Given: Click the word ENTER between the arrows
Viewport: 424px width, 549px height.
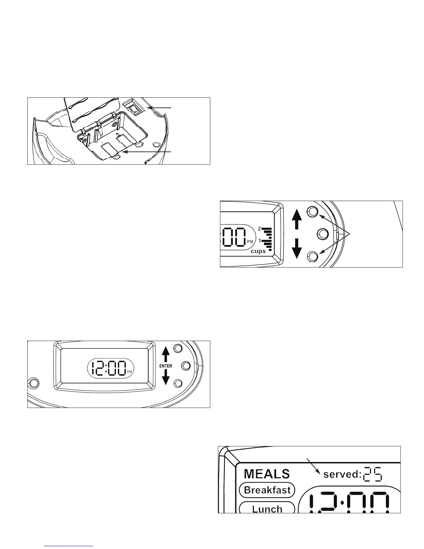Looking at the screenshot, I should [166, 366].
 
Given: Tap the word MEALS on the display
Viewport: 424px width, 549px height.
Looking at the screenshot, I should [267, 474].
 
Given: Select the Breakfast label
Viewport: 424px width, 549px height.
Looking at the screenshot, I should [267, 490].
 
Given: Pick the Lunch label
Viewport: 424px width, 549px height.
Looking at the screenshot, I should [267, 509].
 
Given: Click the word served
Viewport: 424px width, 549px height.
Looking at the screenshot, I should [342, 474].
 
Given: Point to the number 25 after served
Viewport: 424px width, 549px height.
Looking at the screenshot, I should [373, 474].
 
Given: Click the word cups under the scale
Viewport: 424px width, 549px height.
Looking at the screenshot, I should [258, 251].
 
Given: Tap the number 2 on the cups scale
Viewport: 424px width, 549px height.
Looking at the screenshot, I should [259, 229].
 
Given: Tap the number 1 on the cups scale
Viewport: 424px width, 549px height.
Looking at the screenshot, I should [260, 241].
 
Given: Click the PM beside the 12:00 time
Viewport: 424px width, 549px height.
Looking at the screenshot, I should [130, 372].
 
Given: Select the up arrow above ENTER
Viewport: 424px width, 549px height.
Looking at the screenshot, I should [166, 354].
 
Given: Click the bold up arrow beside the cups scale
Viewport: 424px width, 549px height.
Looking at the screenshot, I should [297, 219].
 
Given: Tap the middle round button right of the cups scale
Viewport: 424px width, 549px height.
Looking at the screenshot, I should [323, 234].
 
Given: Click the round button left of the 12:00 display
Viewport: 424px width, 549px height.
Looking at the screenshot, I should [34, 383].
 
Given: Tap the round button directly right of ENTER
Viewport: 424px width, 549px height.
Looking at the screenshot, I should [186, 365].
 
